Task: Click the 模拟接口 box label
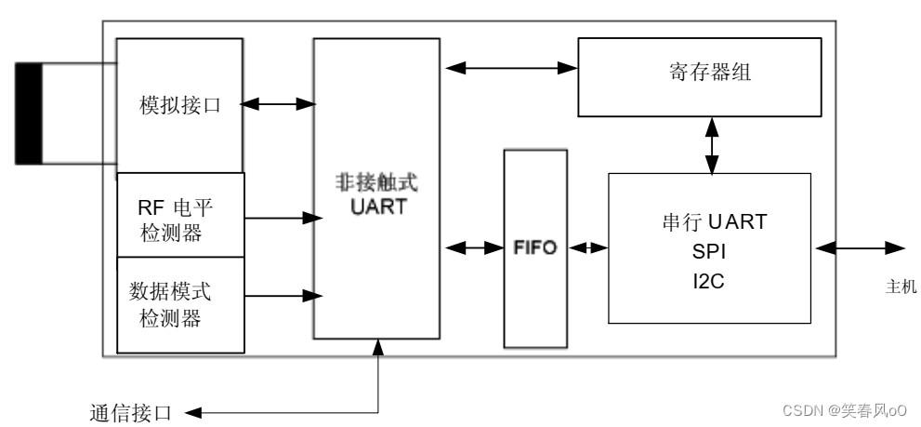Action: coord(179,105)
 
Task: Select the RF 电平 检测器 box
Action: coord(181,215)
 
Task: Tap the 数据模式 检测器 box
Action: coord(181,304)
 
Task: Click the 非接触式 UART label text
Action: coord(377,194)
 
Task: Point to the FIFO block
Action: coord(535,248)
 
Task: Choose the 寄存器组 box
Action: coord(700,77)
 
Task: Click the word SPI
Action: coord(709,252)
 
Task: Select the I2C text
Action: coord(708,282)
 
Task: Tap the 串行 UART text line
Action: coord(715,221)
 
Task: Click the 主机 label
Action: coord(901,287)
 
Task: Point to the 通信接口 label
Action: coord(130,413)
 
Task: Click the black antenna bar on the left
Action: coord(28,113)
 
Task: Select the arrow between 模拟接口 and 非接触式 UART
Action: coord(278,105)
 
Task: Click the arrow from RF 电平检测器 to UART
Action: coord(283,219)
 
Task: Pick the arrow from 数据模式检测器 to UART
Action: coord(283,295)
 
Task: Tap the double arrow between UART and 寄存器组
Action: coord(511,68)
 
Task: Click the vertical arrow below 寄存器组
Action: coord(712,145)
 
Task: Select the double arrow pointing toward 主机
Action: coord(860,248)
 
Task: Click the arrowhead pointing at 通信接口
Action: coord(193,412)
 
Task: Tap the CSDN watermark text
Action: coord(845,410)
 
